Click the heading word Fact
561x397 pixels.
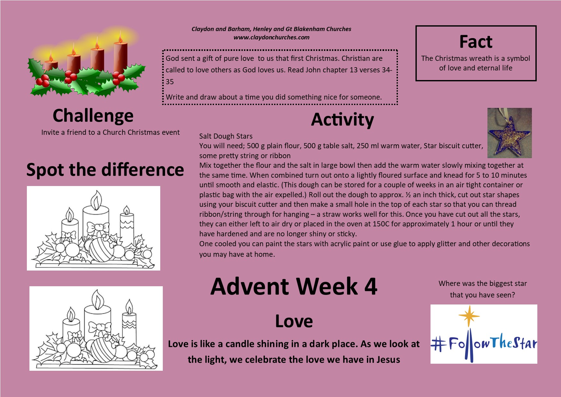476,42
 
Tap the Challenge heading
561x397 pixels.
93,116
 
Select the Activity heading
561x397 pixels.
343,120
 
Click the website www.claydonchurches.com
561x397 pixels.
272,37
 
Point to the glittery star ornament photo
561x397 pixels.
510,133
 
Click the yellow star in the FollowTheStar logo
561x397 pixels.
469,316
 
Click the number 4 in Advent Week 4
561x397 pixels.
371,286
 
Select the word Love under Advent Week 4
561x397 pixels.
294,321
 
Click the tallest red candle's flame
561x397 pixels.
120,37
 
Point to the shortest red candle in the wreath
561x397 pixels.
51,66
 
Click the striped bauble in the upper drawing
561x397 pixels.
101,249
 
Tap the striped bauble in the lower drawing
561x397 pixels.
104,350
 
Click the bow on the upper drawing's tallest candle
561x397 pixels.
98,228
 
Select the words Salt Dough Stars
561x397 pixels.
226,136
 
